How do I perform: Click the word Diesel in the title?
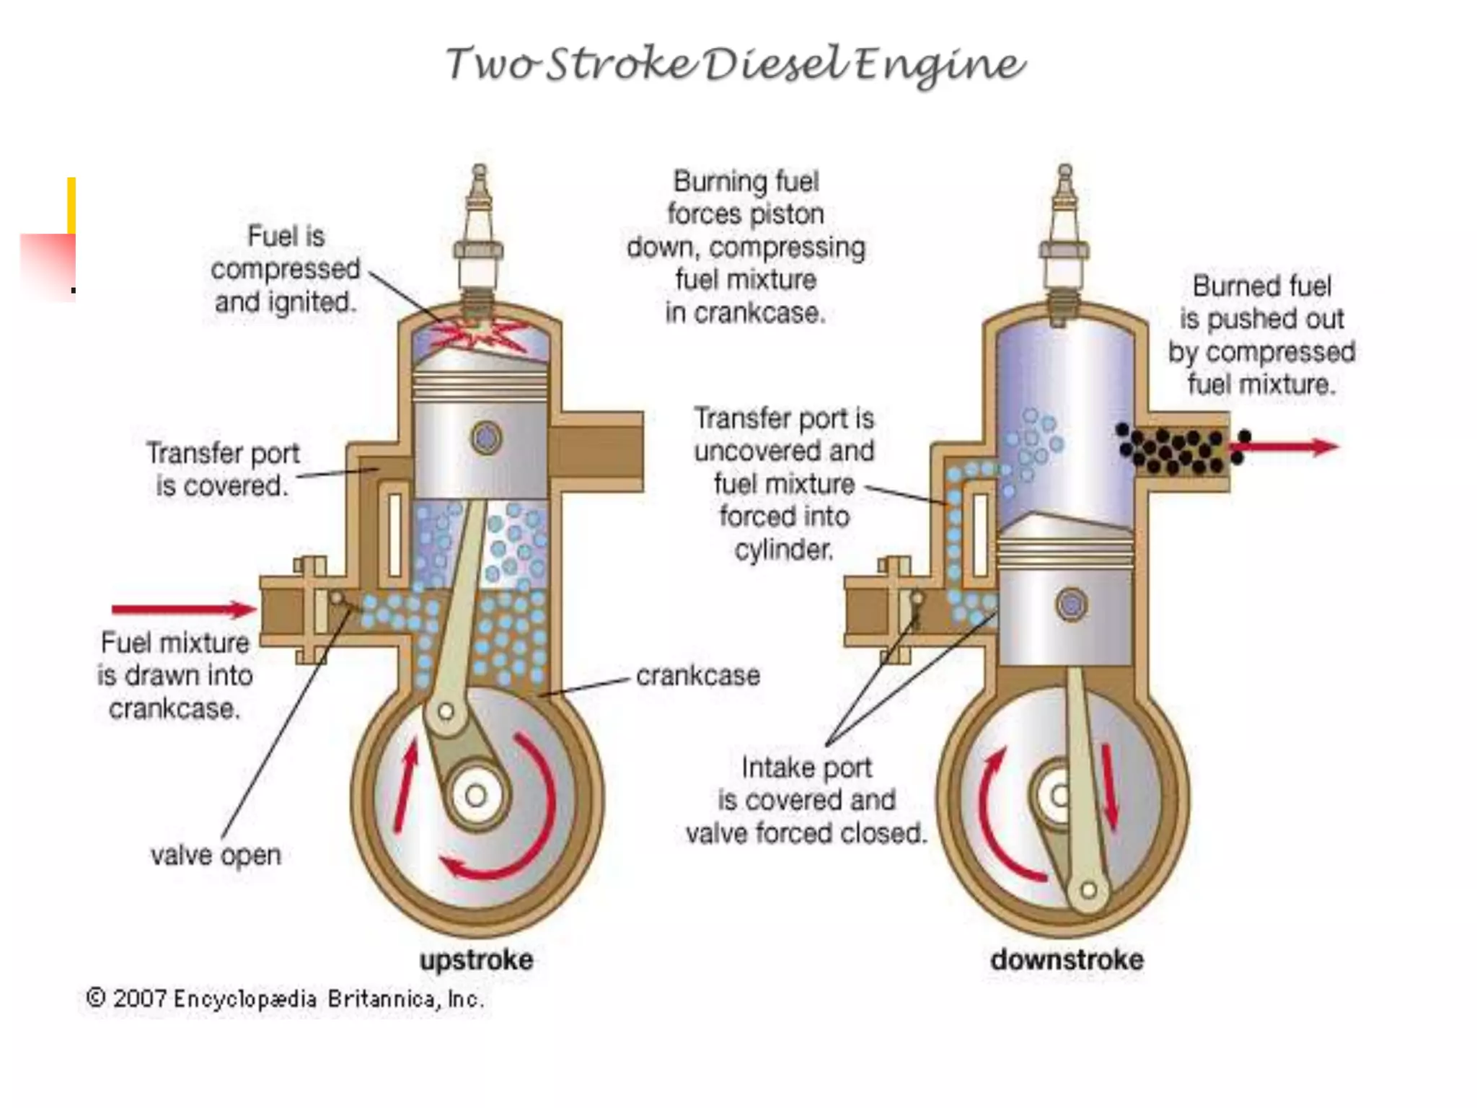(776, 65)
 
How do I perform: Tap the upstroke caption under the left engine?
(477, 960)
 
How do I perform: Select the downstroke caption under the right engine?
(1067, 960)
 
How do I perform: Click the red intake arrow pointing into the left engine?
(184, 610)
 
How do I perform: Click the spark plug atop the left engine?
(479, 231)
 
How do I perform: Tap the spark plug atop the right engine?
(1064, 231)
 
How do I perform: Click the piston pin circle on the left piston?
(486, 438)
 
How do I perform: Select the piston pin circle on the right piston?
(1071, 604)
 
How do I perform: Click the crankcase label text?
(697, 676)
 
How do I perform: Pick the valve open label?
(216, 856)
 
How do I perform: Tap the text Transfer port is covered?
(222, 470)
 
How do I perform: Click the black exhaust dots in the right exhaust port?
(1176, 449)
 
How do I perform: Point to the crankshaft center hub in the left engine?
(476, 796)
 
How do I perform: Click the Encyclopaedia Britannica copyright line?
(285, 999)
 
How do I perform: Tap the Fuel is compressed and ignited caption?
(286, 269)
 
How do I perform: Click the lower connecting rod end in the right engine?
(1088, 889)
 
